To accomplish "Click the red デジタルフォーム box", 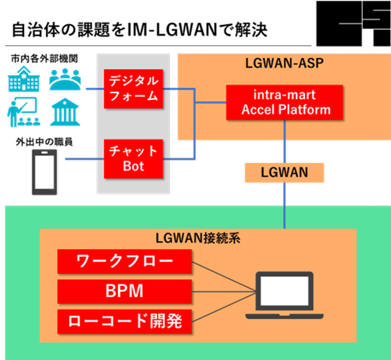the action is point(134,89).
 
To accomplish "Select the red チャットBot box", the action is point(134,159).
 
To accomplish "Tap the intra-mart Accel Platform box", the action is point(284,102).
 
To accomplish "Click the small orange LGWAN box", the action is point(284,173).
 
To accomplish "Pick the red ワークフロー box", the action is point(124,261).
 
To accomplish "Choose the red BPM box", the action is point(124,291).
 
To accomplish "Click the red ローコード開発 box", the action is point(124,321).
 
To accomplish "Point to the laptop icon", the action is point(284,295).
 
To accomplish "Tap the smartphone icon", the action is point(44,172).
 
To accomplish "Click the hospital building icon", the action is point(24,79).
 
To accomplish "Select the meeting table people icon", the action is point(65,79).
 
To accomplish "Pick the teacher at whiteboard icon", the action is point(23,112).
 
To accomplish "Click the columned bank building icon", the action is point(65,112).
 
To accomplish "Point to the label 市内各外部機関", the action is point(44,59).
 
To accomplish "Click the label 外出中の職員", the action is point(44,142).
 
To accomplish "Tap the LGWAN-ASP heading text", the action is point(284,63).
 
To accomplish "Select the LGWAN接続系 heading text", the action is point(198,238).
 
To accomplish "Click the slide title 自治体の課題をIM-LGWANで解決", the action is point(140,30).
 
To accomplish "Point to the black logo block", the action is point(354,24).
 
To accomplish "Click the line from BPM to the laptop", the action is point(224,292).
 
